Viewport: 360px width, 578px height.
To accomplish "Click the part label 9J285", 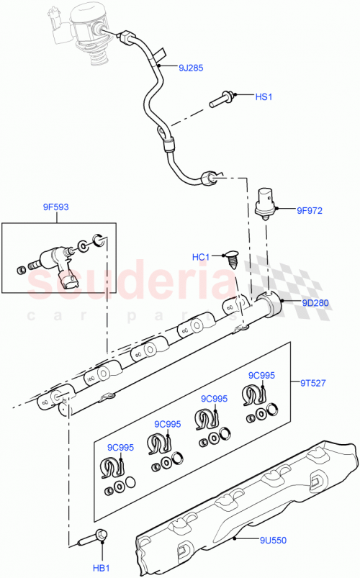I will coord(191,69).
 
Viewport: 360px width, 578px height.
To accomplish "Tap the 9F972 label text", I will coord(310,211).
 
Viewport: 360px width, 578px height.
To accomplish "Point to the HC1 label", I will coord(201,257).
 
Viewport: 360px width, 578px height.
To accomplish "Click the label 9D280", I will coord(315,303).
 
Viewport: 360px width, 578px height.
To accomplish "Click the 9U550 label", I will coord(274,538).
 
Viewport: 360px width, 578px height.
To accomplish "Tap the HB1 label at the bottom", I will coord(100,569).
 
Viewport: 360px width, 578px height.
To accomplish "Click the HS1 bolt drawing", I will coord(222,100).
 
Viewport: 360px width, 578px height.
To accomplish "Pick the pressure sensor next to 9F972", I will coord(268,200).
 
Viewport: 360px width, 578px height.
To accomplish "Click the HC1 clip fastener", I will coord(232,257).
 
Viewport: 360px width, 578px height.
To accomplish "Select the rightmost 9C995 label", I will coord(261,376).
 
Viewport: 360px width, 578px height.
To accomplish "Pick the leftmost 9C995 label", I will coord(120,447).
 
